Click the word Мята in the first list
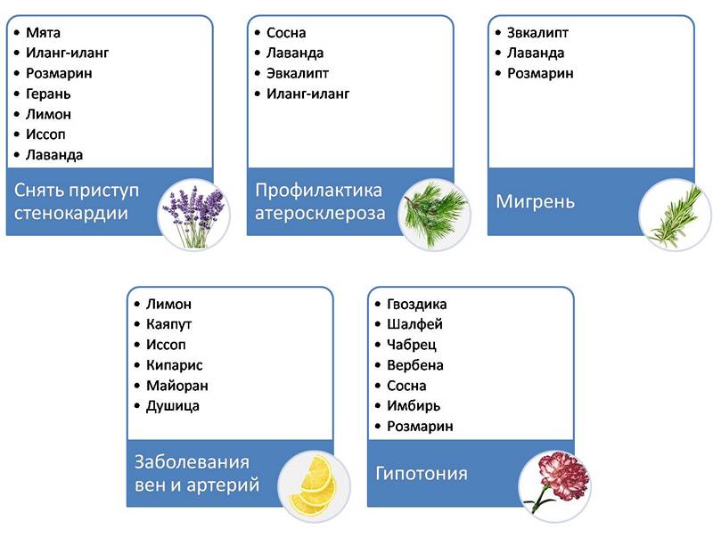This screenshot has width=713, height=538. point(43,33)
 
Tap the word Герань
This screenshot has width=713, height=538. point(48,94)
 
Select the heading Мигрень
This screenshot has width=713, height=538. point(535,202)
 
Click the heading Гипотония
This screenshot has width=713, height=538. point(422,473)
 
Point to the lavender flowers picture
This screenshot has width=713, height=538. point(189,214)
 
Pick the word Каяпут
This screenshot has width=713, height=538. point(168,324)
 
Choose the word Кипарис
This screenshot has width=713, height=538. point(174,365)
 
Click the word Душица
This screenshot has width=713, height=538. point(172,406)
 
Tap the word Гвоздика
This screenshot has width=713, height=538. point(417,305)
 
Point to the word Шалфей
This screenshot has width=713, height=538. point(414,325)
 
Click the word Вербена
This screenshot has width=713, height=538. point(415,365)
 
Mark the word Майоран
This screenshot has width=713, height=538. point(176,386)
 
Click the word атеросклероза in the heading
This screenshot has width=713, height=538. point(320,214)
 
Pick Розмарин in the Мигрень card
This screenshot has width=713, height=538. point(540,74)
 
